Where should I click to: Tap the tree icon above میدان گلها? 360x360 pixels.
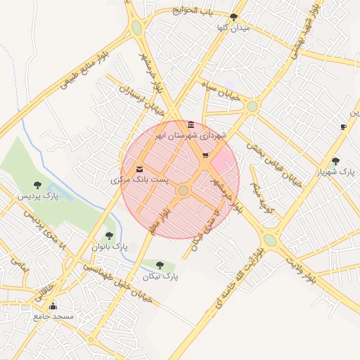(233, 16)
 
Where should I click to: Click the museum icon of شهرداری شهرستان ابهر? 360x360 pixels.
(191, 124)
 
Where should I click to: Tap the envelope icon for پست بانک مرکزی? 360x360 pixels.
(140, 169)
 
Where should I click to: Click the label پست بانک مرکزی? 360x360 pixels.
(140, 181)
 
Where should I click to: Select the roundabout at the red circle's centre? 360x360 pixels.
(184, 191)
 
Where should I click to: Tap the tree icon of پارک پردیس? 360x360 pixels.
(37, 185)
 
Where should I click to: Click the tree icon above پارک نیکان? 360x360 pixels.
(160, 265)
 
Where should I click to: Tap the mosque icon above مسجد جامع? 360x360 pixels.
(53, 306)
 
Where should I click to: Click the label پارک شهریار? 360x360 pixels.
(335, 172)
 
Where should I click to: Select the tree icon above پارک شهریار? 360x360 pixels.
(335, 160)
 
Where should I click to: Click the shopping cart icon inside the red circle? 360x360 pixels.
(205, 156)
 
